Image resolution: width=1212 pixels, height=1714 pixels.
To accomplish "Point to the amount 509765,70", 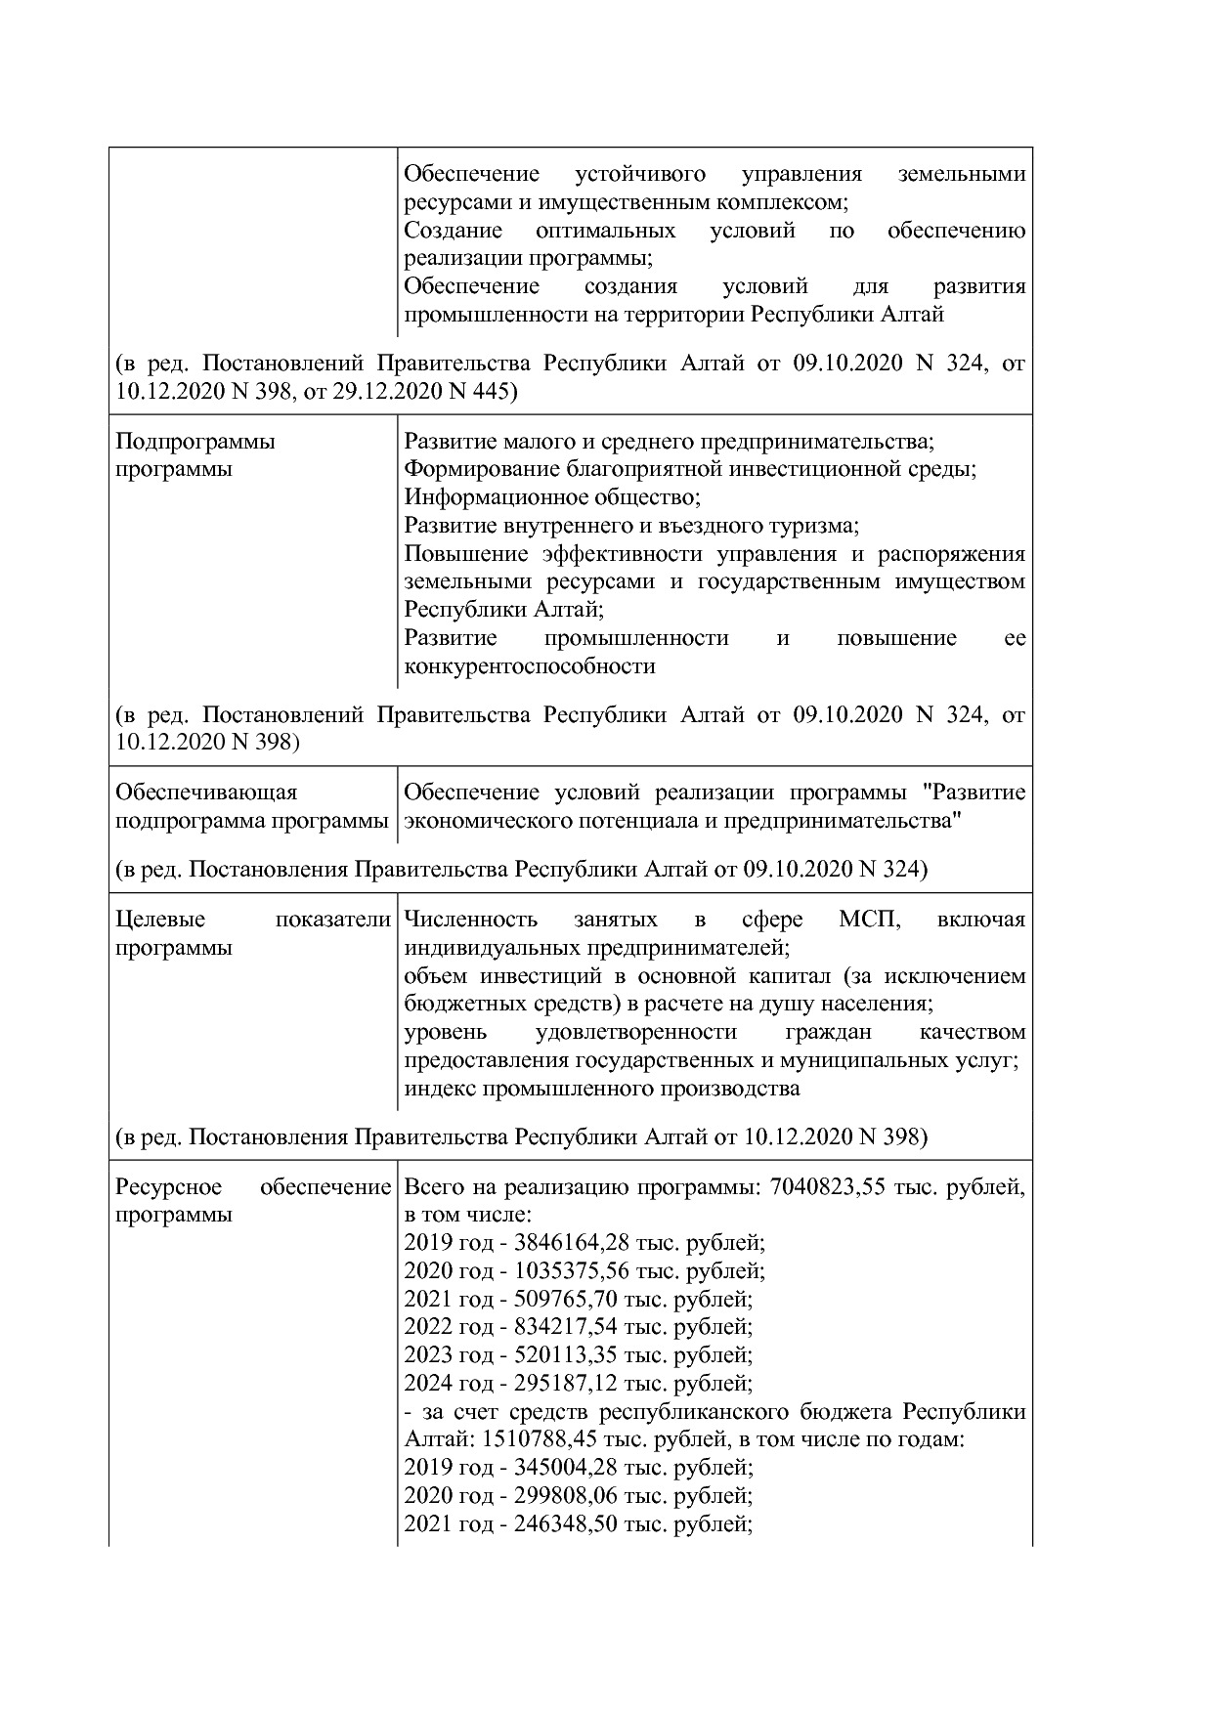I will tap(561, 1300).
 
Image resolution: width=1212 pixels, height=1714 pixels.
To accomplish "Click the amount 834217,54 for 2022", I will tap(561, 1327).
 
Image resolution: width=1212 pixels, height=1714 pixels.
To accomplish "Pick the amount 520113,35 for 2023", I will tap(561, 1355).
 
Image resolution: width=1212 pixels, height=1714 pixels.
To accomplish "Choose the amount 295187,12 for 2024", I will tap(561, 1384).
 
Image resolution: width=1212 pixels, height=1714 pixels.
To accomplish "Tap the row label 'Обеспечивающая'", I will tap(206, 793).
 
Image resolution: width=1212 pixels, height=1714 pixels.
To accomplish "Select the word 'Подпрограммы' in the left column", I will tap(195, 442).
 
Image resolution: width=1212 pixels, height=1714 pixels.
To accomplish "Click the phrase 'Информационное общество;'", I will tap(552, 497).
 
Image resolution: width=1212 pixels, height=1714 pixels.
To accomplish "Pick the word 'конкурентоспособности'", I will tap(529, 666).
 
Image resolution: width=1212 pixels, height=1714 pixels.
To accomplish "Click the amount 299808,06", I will tap(561, 1496).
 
